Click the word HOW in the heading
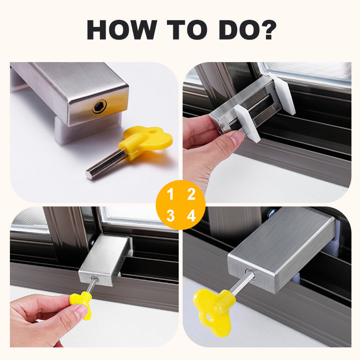[x=121, y=30]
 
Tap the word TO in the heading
[x=187, y=30]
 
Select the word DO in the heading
[x=241, y=30]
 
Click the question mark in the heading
[x=269, y=30]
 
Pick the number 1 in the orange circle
[x=170, y=194]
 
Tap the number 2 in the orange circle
[x=191, y=194]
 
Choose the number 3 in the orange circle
[x=171, y=216]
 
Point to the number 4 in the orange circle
[x=191, y=216]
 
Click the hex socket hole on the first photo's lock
[x=99, y=106]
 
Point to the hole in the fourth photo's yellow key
[x=209, y=318]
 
